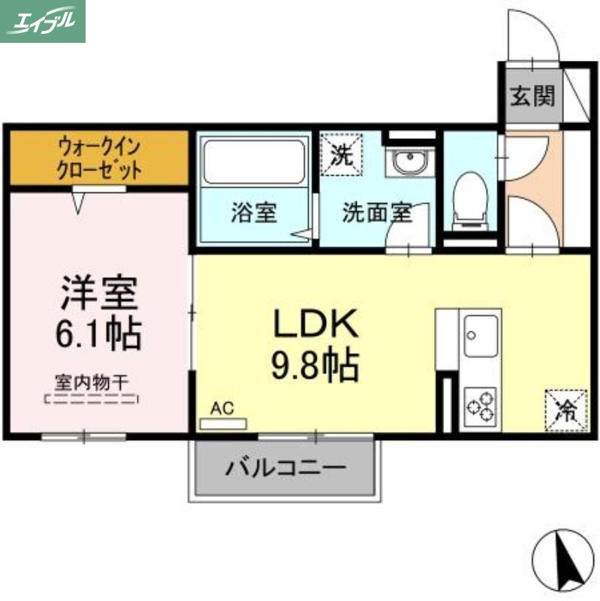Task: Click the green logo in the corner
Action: pos(43,20)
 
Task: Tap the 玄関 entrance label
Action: pos(532,96)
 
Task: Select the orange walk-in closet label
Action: pos(98,157)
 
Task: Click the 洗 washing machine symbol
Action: pos(341,155)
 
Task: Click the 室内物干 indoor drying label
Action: pos(91,382)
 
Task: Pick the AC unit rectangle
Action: pos(223,424)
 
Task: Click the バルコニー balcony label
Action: pos(285,468)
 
